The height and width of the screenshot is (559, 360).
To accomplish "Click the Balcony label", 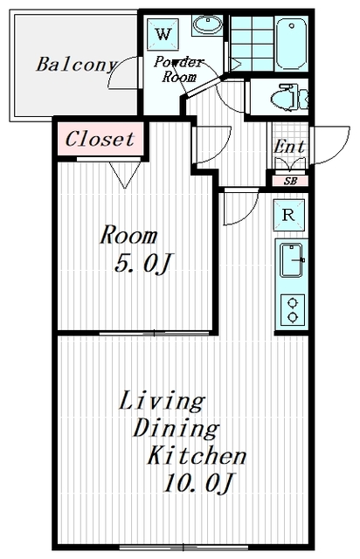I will coord(76,64).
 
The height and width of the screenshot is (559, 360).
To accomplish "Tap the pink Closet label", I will coord(100,139).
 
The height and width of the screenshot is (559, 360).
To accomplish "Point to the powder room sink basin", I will coord(207,25).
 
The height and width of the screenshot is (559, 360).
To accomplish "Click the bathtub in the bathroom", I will coord(291,42).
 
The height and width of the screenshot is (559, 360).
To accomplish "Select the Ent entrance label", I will coord(289,146).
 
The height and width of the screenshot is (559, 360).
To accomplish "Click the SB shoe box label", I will coord(289,181).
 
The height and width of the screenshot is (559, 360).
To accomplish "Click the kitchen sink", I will coord(290,259).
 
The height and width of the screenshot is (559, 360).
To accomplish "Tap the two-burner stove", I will coord(290,309).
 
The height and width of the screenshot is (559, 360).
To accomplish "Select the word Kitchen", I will coord(196,455).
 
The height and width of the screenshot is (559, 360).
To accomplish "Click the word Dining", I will coord(175,429).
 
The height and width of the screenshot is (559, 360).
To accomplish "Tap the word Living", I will coord(161,402).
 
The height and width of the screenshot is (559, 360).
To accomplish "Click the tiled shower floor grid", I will coord(252,42).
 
